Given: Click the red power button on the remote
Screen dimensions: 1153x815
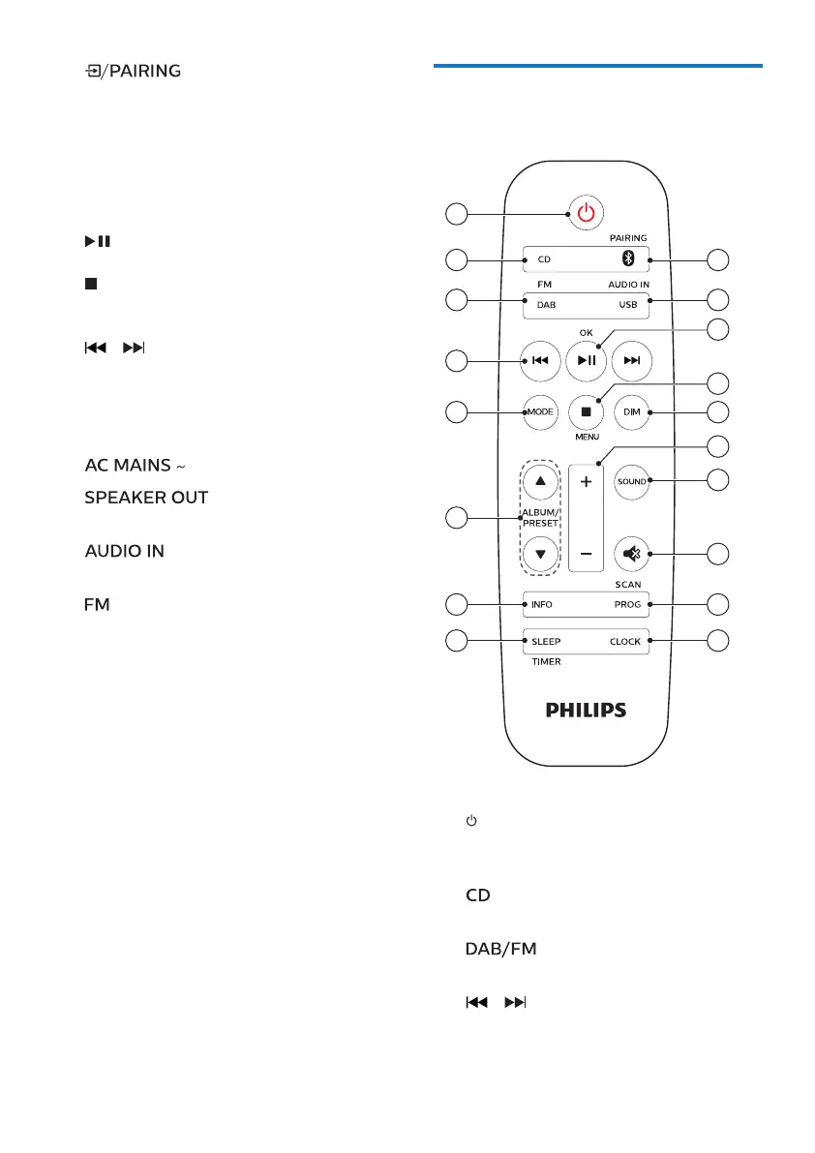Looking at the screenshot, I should pyautogui.click(x=585, y=213).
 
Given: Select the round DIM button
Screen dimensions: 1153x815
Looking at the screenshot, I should pyautogui.click(x=632, y=412).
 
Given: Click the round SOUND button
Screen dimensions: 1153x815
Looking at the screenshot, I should pyautogui.click(x=632, y=481).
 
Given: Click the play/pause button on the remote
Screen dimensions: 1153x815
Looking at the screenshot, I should pyautogui.click(x=585, y=361).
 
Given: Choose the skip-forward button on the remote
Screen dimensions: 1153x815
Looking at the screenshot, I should pyautogui.click(x=632, y=361).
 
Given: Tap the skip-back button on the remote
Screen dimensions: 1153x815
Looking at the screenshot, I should pyautogui.click(x=540, y=361).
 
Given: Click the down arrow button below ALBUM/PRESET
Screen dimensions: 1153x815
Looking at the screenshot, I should pyautogui.click(x=540, y=555).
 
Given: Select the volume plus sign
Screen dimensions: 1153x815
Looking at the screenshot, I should pyautogui.click(x=585, y=481).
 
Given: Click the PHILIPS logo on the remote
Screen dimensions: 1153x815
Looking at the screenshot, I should pyautogui.click(x=586, y=710).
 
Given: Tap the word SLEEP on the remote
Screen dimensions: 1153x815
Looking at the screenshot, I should pyautogui.click(x=546, y=641).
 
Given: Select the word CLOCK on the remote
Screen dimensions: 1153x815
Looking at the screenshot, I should pyautogui.click(x=624, y=641).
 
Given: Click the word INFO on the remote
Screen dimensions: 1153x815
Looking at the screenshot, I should pyautogui.click(x=542, y=604).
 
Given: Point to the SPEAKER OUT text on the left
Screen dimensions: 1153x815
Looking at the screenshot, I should pyautogui.click(x=146, y=497).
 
